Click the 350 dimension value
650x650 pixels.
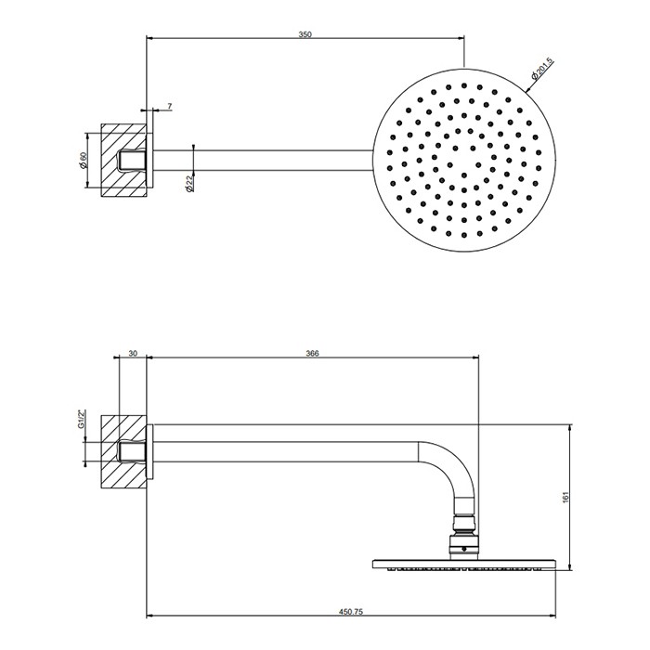pyautogui.click(x=305, y=34)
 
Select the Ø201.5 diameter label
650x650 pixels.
pyautogui.click(x=543, y=68)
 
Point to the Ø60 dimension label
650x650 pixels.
pyautogui.click(x=82, y=159)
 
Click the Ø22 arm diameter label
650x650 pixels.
pyautogui.click(x=188, y=184)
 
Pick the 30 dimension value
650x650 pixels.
pyautogui.click(x=133, y=354)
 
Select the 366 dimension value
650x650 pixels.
pyautogui.click(x=312, y=354)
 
